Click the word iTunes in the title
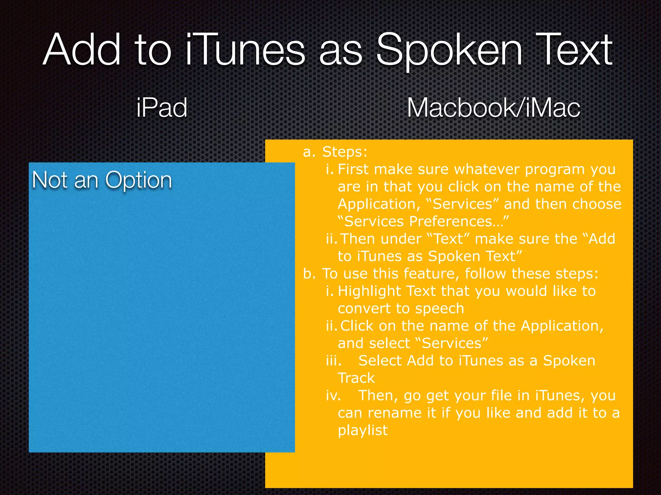point(245,50)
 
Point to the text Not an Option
point(102,180)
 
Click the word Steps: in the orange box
point(345,152)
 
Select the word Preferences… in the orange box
point(459,221)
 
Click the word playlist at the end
point(362,431)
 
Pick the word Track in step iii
point(356,378)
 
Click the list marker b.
point(308,274)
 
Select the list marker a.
point(309,152)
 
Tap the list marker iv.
point(333,395)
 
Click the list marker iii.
point(333,361)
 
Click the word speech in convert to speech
point(439,308)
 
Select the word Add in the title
point(82,50)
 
